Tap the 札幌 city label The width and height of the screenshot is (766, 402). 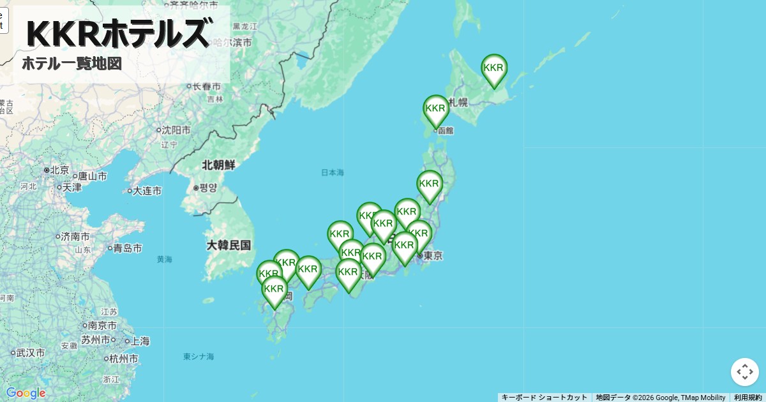pos(458,103)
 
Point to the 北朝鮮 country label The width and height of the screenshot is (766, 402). pos(218,165)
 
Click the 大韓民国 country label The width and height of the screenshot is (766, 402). pos(229,245)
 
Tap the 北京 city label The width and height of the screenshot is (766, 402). pos(59,170)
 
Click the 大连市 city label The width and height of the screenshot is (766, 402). pos(147,191)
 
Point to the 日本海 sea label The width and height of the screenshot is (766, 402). pos(332,172)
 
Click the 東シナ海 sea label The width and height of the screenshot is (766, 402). pos(199,356)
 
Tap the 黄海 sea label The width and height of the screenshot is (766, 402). pos(164,259)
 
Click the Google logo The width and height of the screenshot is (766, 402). pos(26,392)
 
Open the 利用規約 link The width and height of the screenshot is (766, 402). pos(747,398)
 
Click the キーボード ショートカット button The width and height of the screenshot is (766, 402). pos(544,398)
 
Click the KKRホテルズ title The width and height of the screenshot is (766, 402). pos(117,34)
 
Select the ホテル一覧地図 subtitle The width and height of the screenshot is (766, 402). pos(71,64)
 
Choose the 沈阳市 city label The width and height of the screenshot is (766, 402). pos(176,130)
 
